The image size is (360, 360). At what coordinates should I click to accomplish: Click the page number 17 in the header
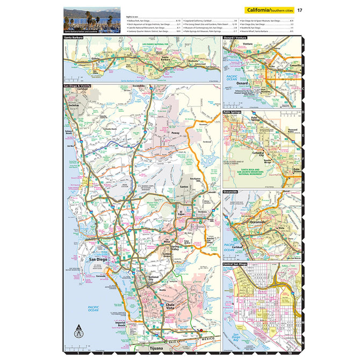click(300, 10)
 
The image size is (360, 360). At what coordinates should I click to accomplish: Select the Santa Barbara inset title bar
click(75, 38)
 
